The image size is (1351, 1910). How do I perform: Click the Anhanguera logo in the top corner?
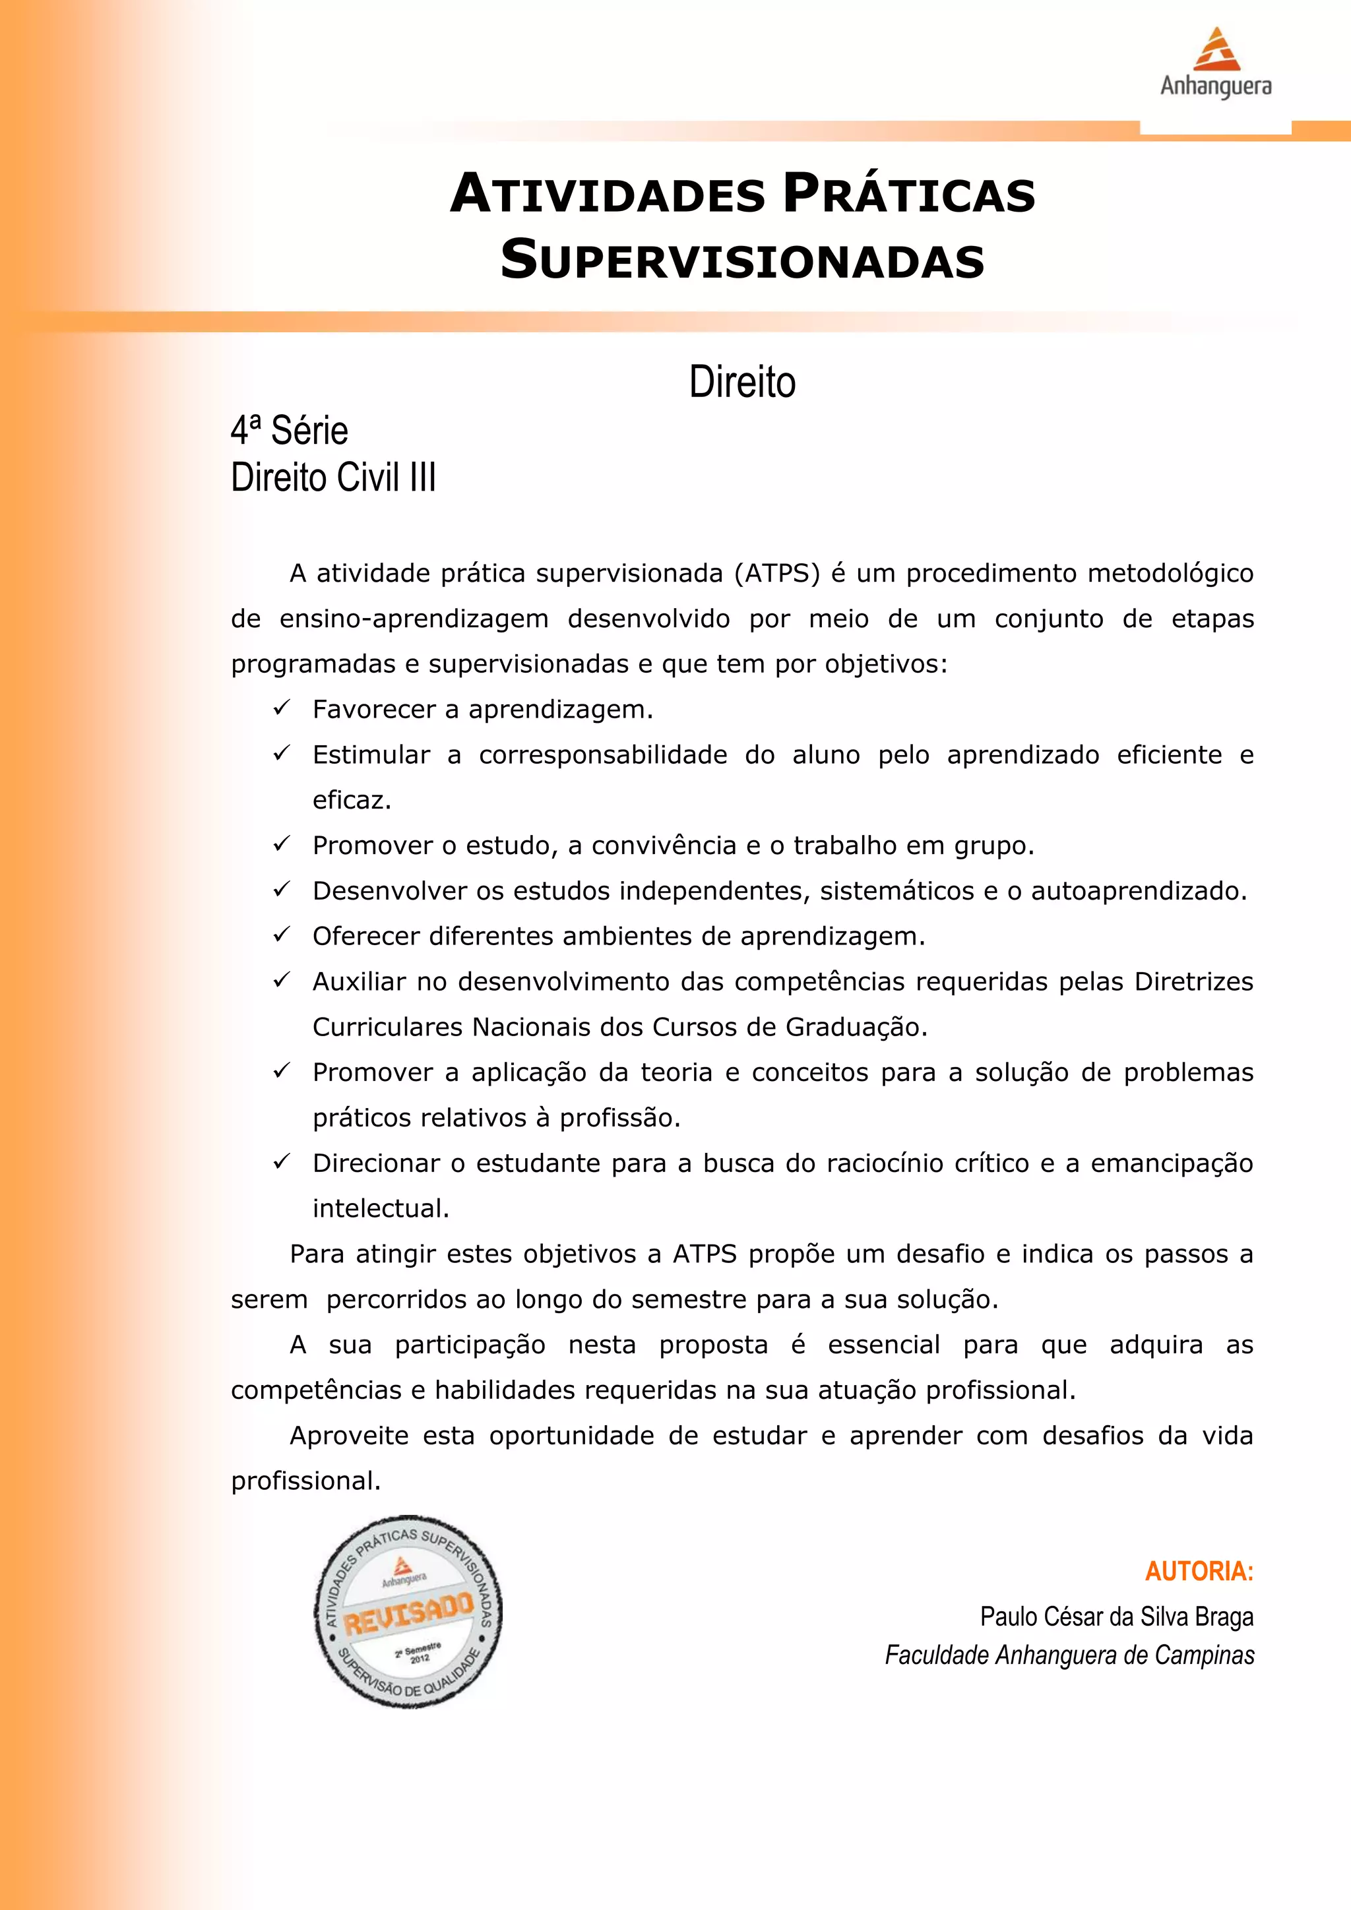[1215, 63]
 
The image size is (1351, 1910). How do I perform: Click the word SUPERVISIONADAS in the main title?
[742, 261]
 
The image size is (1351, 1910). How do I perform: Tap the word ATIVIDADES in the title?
[608, 195]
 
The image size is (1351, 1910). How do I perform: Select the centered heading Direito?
[742, 383]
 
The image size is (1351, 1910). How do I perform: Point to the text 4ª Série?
[290, 431]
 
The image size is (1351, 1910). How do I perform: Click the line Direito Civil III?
[332, 478]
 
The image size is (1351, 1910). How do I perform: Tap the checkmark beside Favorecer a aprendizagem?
[281, 708]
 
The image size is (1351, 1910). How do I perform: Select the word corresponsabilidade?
[602, 755]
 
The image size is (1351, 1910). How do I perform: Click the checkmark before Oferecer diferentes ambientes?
[281, 935]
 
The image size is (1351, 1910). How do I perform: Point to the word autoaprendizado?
[1138, 892]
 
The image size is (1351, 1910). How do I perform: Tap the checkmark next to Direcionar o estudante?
[281, 1161]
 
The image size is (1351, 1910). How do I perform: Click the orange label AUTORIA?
[1199, 1572]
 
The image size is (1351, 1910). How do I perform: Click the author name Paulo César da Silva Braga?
[1116, 1617]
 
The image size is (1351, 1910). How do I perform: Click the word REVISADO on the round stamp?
[408, 1615]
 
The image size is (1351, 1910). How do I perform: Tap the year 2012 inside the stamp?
[420, 1659]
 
